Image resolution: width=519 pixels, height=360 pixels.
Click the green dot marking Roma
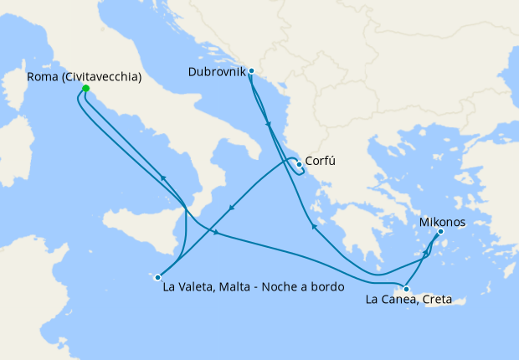[85, 88]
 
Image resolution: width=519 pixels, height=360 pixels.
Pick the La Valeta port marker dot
[157, 276]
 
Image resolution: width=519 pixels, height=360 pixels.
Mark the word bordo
[326, 286]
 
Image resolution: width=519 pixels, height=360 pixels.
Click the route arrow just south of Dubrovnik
[268, 125]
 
